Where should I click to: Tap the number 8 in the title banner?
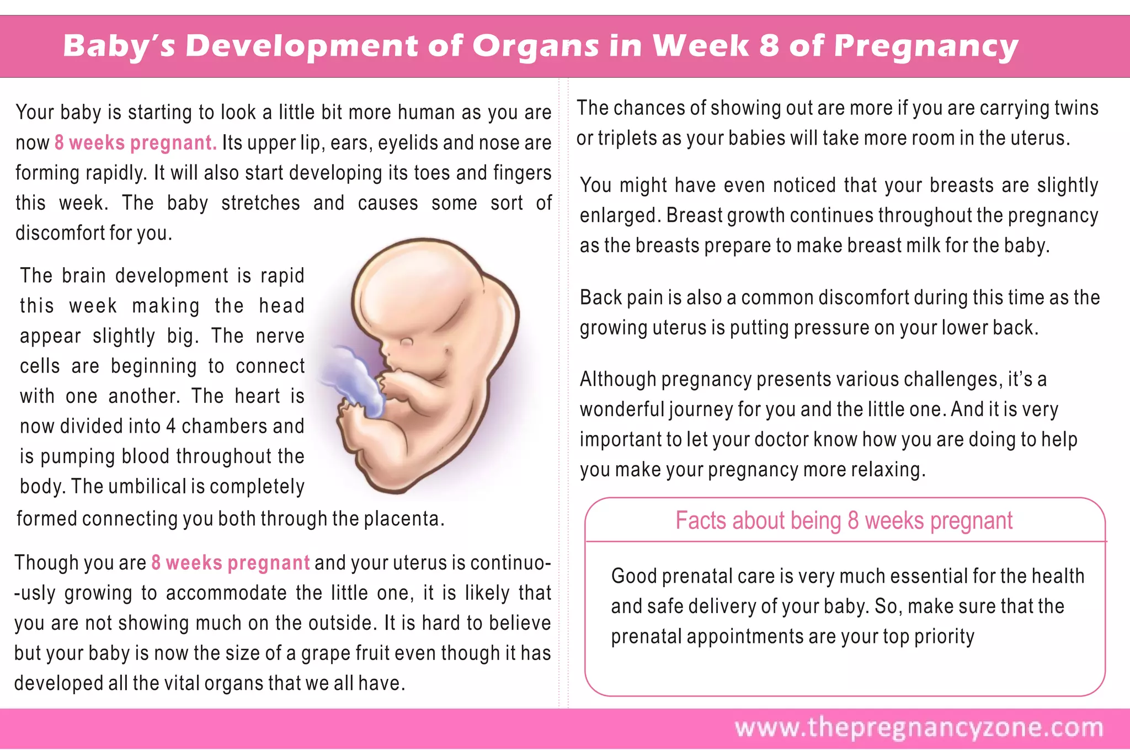pyautogui.click(x=769, y=46)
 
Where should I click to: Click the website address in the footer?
pyautogui.click(x=919, y=727)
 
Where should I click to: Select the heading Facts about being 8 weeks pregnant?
pyautogui.click(x=844, y=520)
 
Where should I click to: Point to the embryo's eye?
pyautogui.click(x=407, y=342)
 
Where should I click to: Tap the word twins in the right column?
pyautogui.click(x=1076, y=108)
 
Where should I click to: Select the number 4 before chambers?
pyautogui.click(x=170, y=426)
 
